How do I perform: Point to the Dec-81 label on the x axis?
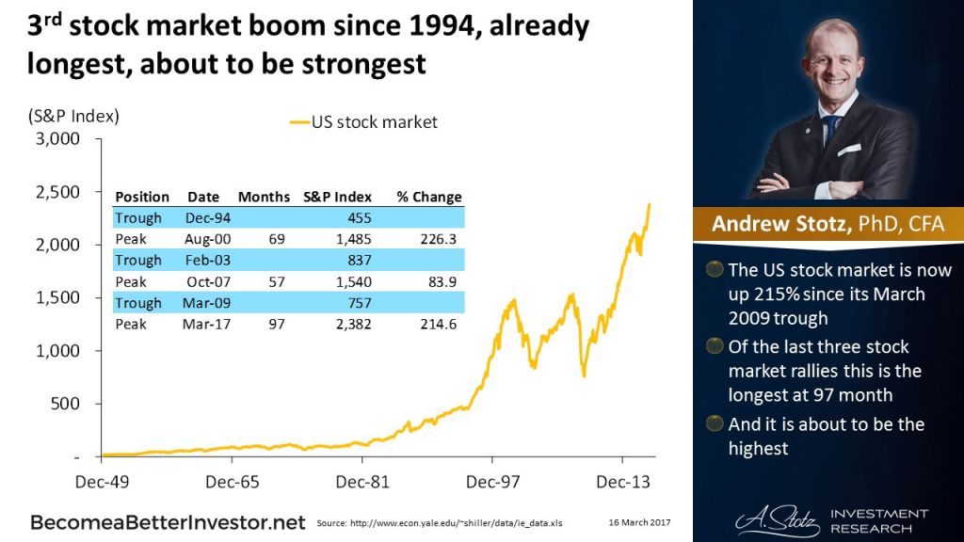(x=361, y=482)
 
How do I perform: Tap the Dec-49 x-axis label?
(x=101, y=482)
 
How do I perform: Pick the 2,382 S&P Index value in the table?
(x=354, y=324)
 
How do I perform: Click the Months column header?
(x=264, y=197)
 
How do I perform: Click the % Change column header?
(x=429, y=197)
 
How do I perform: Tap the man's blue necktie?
(x=829, y=133)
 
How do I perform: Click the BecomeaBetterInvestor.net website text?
(x=168, y=520)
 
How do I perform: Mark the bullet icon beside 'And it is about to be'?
(x=715, y=423)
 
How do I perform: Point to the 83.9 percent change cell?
(x=445, y=281)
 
